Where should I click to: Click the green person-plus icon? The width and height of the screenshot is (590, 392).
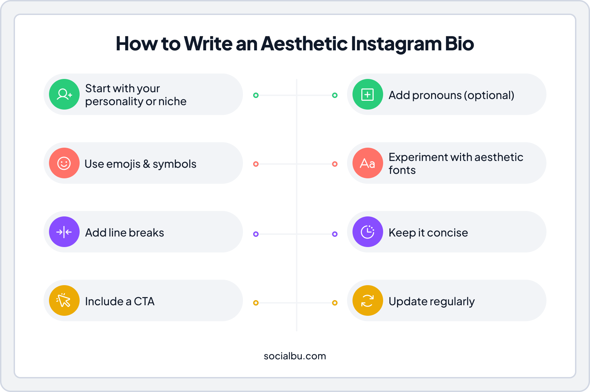(64, 94)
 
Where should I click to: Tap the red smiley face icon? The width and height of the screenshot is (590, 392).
(64, 163)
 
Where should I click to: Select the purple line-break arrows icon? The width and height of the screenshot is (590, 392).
(64, 232)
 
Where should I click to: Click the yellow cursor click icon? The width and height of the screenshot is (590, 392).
(64, 300)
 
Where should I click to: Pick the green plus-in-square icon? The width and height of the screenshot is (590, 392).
(368, 94)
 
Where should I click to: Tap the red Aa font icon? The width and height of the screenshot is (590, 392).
(368, 163)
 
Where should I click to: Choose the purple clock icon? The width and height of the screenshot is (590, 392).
(368, 232)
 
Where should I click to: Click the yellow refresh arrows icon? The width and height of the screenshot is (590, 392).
(368, 300)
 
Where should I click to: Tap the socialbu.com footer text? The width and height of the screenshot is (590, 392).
(295, 356)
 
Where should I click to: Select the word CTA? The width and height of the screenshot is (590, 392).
(144, 301)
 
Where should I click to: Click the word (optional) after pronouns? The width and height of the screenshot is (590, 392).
(489, 95)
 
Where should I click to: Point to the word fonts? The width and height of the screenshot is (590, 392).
(402, 170)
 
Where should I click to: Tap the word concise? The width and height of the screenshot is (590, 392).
(447, 233)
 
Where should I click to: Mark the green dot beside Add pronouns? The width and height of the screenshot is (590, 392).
(335, 95)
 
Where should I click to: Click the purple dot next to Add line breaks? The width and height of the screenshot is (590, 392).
(256, 234)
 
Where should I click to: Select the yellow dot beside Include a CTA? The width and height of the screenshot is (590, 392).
(256, 303)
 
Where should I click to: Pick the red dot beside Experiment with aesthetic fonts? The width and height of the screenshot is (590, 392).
(335, 164)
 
